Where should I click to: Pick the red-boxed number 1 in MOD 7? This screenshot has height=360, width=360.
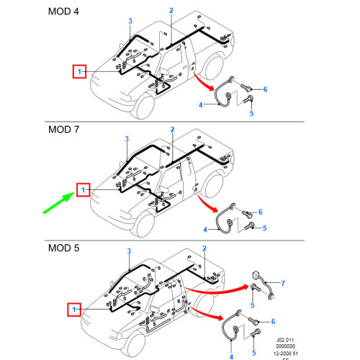(84, 189)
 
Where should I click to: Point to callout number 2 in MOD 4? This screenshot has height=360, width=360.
(171, 10)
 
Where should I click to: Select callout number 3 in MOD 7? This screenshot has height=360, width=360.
(127, 138)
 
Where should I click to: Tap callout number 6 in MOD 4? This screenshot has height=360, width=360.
(265, 89)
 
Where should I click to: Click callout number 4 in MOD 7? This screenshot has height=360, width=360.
(204, 229)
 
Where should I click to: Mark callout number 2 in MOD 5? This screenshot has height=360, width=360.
(204, 249)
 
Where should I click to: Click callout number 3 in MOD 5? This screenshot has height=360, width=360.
(129, 251)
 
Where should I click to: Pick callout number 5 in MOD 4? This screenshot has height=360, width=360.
(252, 113)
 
